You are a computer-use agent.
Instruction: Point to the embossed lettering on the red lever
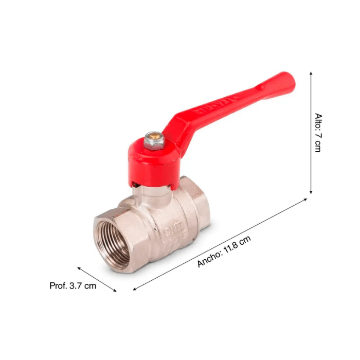(211, 106)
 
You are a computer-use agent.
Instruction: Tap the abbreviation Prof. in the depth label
(58, 285)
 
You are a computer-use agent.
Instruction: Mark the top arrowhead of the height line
(311, 73)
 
